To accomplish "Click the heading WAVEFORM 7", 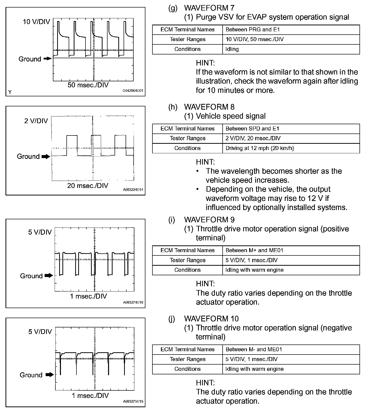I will [x=209, y=8].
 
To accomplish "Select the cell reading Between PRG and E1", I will [x=252, y=30].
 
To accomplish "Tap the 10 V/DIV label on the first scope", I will [x=36, y=22].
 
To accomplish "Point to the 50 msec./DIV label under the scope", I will [x=88, y=85].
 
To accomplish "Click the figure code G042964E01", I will [x=133, y=91].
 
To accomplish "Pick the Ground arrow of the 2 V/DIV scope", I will [x=46, y=157].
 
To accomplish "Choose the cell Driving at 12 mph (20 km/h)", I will [x=259, y=148].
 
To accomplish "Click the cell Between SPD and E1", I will [x=252, y=129].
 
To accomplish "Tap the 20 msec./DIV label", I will [x=88, y=186].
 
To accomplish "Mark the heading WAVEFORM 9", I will [x=209, y=220].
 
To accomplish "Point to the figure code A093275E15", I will [x=133, y=401].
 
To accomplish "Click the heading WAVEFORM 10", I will [x=211, y=319].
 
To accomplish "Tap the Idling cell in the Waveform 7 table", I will [x=232, y=49].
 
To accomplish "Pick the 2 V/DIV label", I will [x=36, y=121].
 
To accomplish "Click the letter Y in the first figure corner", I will [x=10, y=92].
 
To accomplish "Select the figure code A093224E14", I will [x=133, y=190].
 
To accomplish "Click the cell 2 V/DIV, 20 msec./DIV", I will [x=253, y=139].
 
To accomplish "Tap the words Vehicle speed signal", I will [x=231, y=116].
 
